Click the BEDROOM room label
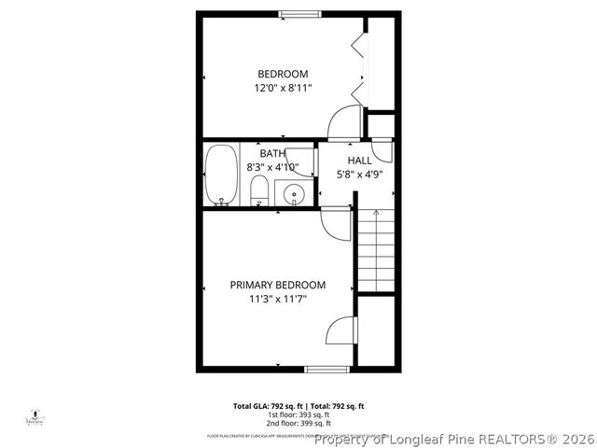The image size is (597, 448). [x=283, y=74]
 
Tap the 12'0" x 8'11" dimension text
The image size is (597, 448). [x=283, y=88]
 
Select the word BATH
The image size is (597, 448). [x=272, y=153]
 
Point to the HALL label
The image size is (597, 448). [x=360, y=161]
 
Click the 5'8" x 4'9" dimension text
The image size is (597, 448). [x=360, y=174]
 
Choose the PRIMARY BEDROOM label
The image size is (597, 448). [x=278, y=285]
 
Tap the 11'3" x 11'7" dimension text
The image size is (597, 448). [x=278, y=299]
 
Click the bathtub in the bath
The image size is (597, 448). [x=221, y=174]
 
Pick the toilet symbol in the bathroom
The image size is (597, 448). [x=260, y=192]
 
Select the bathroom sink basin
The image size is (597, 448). [x=294, y=194]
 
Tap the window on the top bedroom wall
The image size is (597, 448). [x=296, y=13]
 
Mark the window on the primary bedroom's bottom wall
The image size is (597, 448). [x=327, y=370]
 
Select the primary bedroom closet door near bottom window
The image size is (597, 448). [x=342, y=330]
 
